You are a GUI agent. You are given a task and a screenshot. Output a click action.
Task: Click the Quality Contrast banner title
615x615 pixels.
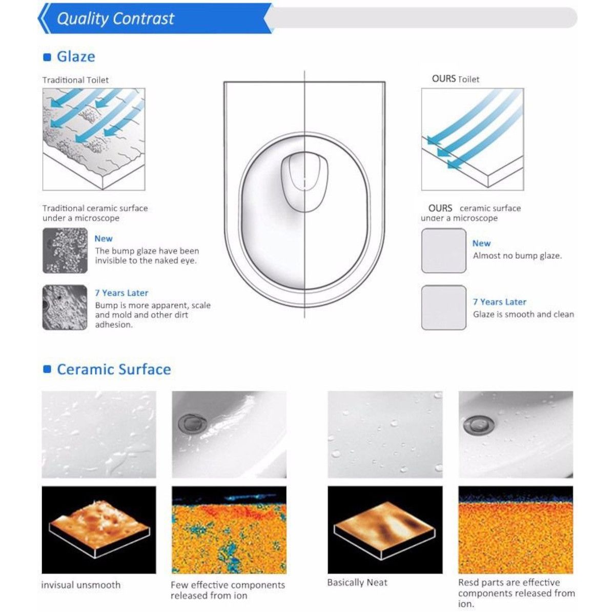coord(115,18)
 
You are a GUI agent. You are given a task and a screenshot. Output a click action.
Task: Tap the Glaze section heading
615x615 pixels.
coord(76,57)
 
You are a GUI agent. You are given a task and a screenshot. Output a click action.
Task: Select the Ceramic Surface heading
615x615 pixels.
coord(114,370)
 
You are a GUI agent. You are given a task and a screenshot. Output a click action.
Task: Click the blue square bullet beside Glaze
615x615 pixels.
coord(47,57)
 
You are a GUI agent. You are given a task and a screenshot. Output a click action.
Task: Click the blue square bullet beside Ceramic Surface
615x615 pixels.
coord(47,369)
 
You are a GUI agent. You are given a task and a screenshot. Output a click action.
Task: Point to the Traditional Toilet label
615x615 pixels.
coord(76,80)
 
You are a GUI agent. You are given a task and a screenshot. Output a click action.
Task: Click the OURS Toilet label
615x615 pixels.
coord(456,79)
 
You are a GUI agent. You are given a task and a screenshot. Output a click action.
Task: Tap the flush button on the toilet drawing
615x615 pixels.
coord(304,181)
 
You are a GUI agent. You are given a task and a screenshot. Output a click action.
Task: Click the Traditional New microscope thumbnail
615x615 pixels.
coord(65,251)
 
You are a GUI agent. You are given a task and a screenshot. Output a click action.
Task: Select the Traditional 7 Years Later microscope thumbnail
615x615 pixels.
coord(65,307)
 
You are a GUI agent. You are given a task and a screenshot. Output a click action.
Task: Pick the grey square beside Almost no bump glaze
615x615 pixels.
coord(444,251)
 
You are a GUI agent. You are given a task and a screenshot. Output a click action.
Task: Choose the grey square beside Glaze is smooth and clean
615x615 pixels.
coord(444,307)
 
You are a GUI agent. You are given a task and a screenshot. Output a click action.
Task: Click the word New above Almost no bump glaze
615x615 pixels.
coord(481,243)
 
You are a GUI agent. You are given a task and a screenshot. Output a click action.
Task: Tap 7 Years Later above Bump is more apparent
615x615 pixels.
coord(121,293)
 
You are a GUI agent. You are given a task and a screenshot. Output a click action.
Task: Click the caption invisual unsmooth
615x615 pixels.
coord(81,585)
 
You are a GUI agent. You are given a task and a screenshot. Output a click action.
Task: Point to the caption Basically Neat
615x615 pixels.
coord(357,582)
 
